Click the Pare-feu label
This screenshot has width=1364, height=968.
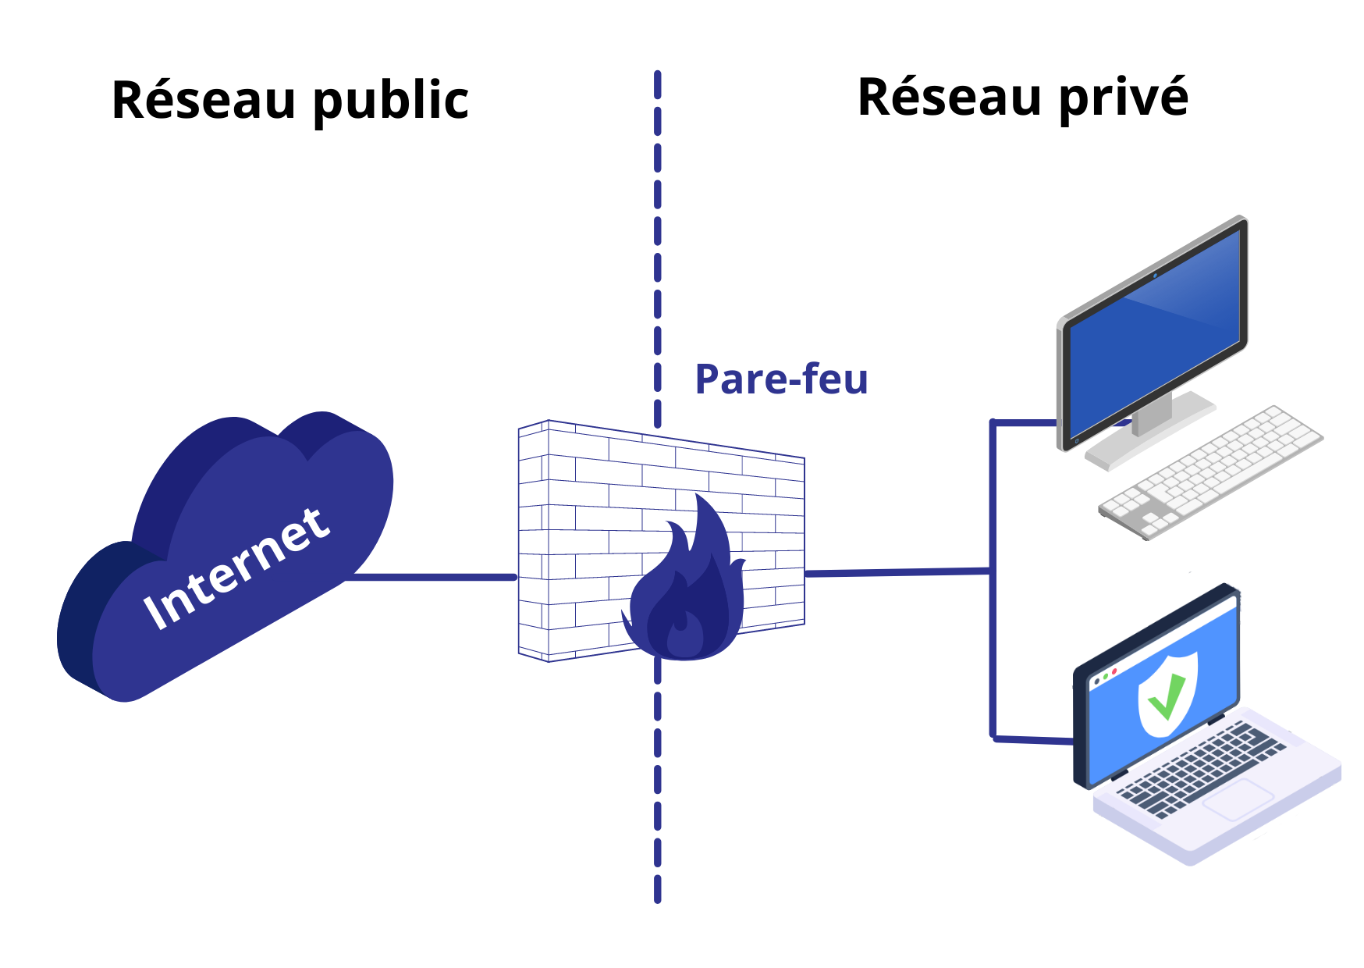780,379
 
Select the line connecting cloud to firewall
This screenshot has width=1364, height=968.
433,578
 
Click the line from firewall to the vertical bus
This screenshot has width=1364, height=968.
897,572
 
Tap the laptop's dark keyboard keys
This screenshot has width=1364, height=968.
1194,769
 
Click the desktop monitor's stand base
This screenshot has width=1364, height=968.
1151,437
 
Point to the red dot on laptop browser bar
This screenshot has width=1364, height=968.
1114,671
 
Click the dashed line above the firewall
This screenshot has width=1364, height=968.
658,234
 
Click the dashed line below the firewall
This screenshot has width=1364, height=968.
658,781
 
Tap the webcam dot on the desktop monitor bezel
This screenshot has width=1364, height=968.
1155,276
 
